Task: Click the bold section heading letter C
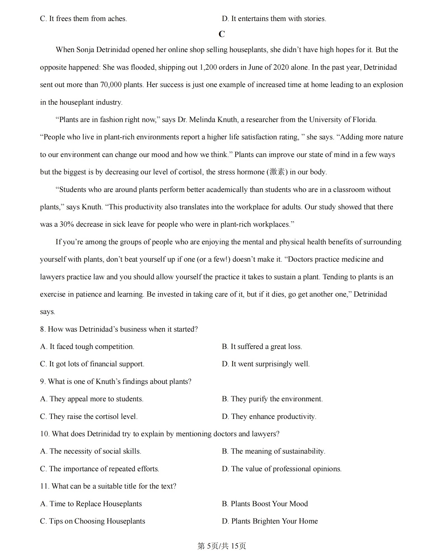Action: tap(222, 34)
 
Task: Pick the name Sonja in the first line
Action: tap(85, 50)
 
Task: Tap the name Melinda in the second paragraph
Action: tap(202, 120)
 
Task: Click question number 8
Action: tap(43, 329)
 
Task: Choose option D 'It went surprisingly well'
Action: tap(266, 364)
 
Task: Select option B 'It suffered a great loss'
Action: tap(262, 347)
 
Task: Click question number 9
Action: tap(43, 382)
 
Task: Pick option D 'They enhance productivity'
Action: tap(269, 417)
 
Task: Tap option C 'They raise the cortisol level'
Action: tap(89, 417)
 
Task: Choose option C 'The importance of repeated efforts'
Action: tap(100, 469)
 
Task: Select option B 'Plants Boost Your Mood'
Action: tap(265, 504)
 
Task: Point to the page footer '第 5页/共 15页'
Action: tap(222, 546)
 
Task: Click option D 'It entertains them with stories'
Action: tap(274, 19)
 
